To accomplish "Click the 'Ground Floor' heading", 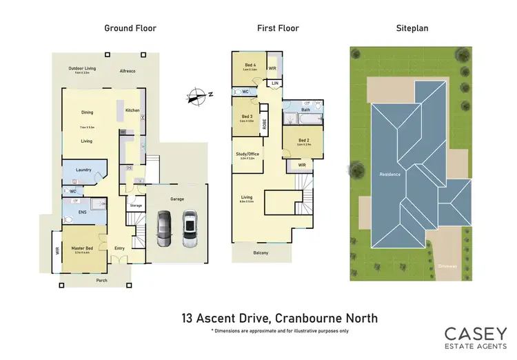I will pyautogui.click(x=130, y=28).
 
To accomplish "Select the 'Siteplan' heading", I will pyautogui.click(x=411, y=28).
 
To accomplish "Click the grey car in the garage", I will pyautogui.click(x=163, y=228).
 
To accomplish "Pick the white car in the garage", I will pyautogui.click(x=190, y=228).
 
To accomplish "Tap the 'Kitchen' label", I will pyautogui.click(x=132, y=110).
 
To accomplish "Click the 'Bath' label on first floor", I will pyautogui.click(x=305, y=110).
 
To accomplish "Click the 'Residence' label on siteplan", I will pyautogui.click(x=389, y=174).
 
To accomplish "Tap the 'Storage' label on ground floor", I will pyautogui.click(x=136, y=205).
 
